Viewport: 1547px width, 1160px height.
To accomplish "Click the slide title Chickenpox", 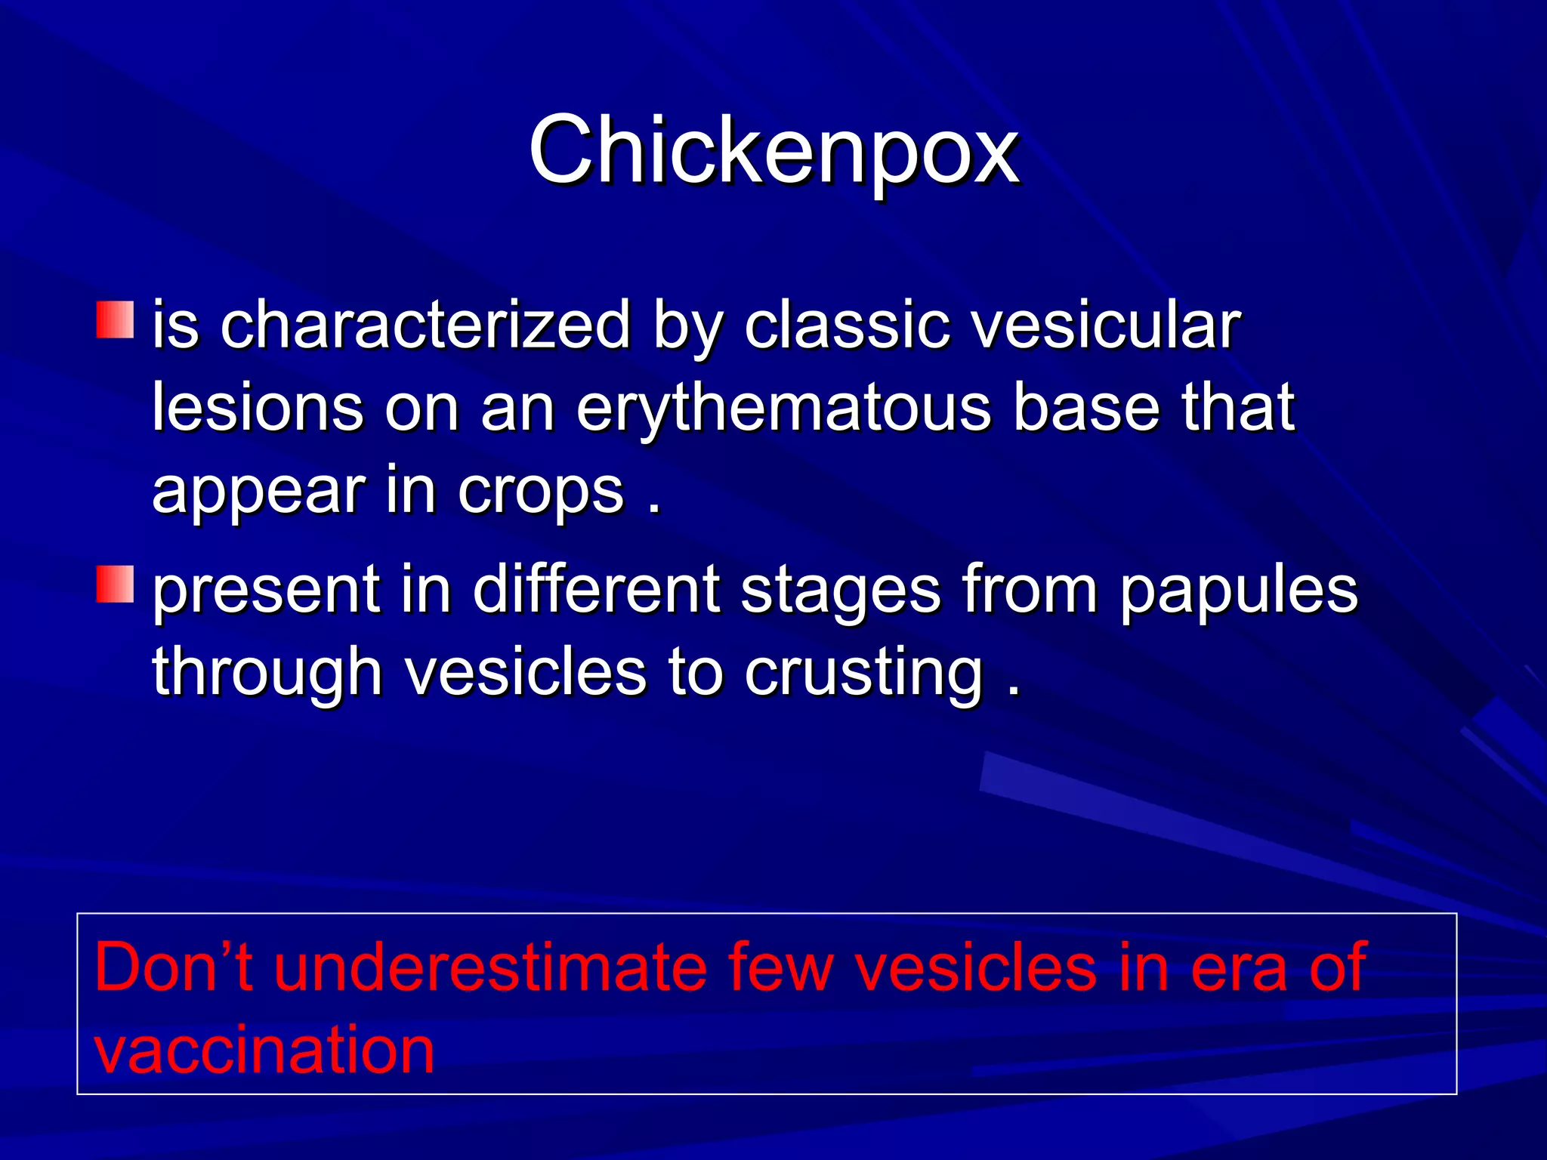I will [773, 151].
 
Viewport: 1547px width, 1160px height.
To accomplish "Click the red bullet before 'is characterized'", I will [115, 320].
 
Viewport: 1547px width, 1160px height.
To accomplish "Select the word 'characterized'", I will [425, 325].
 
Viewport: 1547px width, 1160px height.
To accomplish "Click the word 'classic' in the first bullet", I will [845, 325].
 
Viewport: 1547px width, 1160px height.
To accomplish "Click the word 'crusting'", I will [863, 672].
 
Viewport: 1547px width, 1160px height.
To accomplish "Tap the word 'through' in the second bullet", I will [267, 672].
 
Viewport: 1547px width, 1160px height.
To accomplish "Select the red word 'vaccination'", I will [264, 1050].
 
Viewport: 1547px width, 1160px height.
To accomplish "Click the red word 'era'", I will [1238, 968].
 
